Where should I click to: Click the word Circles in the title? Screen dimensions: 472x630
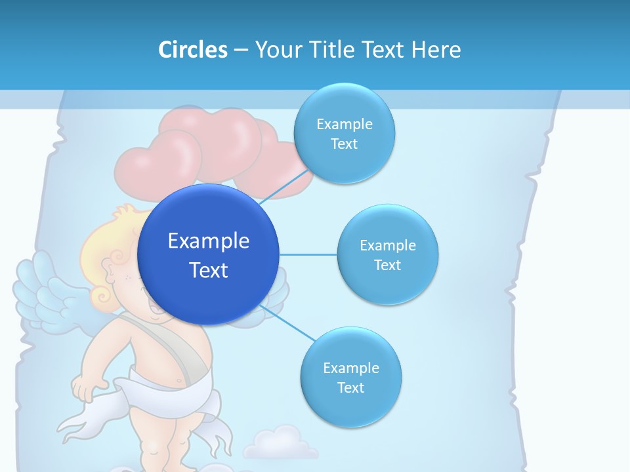tap(192, 50)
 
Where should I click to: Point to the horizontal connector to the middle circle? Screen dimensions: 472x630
tap(308, 254)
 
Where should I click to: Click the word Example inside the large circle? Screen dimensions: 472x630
tap(208, 241)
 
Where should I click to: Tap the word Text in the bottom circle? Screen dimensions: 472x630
tap(350, 387)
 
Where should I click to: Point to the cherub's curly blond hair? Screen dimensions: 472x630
tap(105, 249)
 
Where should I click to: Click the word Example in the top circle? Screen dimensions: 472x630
tap(344, 125)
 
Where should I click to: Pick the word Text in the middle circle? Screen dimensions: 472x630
tap(387, 265)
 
